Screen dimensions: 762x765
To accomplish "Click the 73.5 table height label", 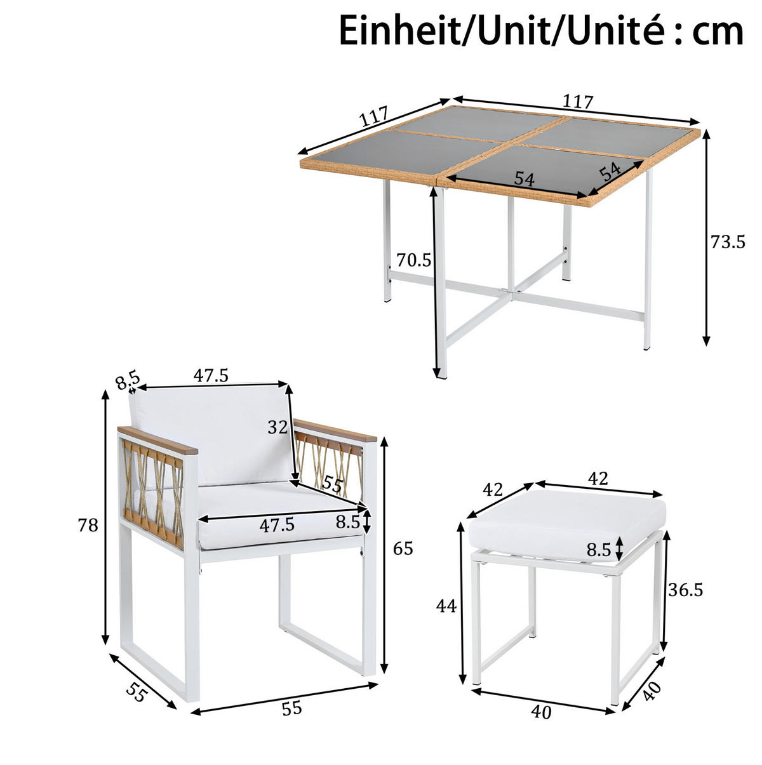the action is pos(728,242).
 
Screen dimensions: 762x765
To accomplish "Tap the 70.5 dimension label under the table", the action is pos(414,260).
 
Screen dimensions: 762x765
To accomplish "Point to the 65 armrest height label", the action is pos(403,549).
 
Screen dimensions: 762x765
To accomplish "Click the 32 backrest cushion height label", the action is pos(277,427).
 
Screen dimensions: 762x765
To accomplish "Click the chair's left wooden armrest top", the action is pos(157,440).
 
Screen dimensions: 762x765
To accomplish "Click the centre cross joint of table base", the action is pos(512,292).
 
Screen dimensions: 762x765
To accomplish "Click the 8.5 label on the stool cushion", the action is pos(598,550).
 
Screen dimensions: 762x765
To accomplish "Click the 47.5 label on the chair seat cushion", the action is pos(277,525).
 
